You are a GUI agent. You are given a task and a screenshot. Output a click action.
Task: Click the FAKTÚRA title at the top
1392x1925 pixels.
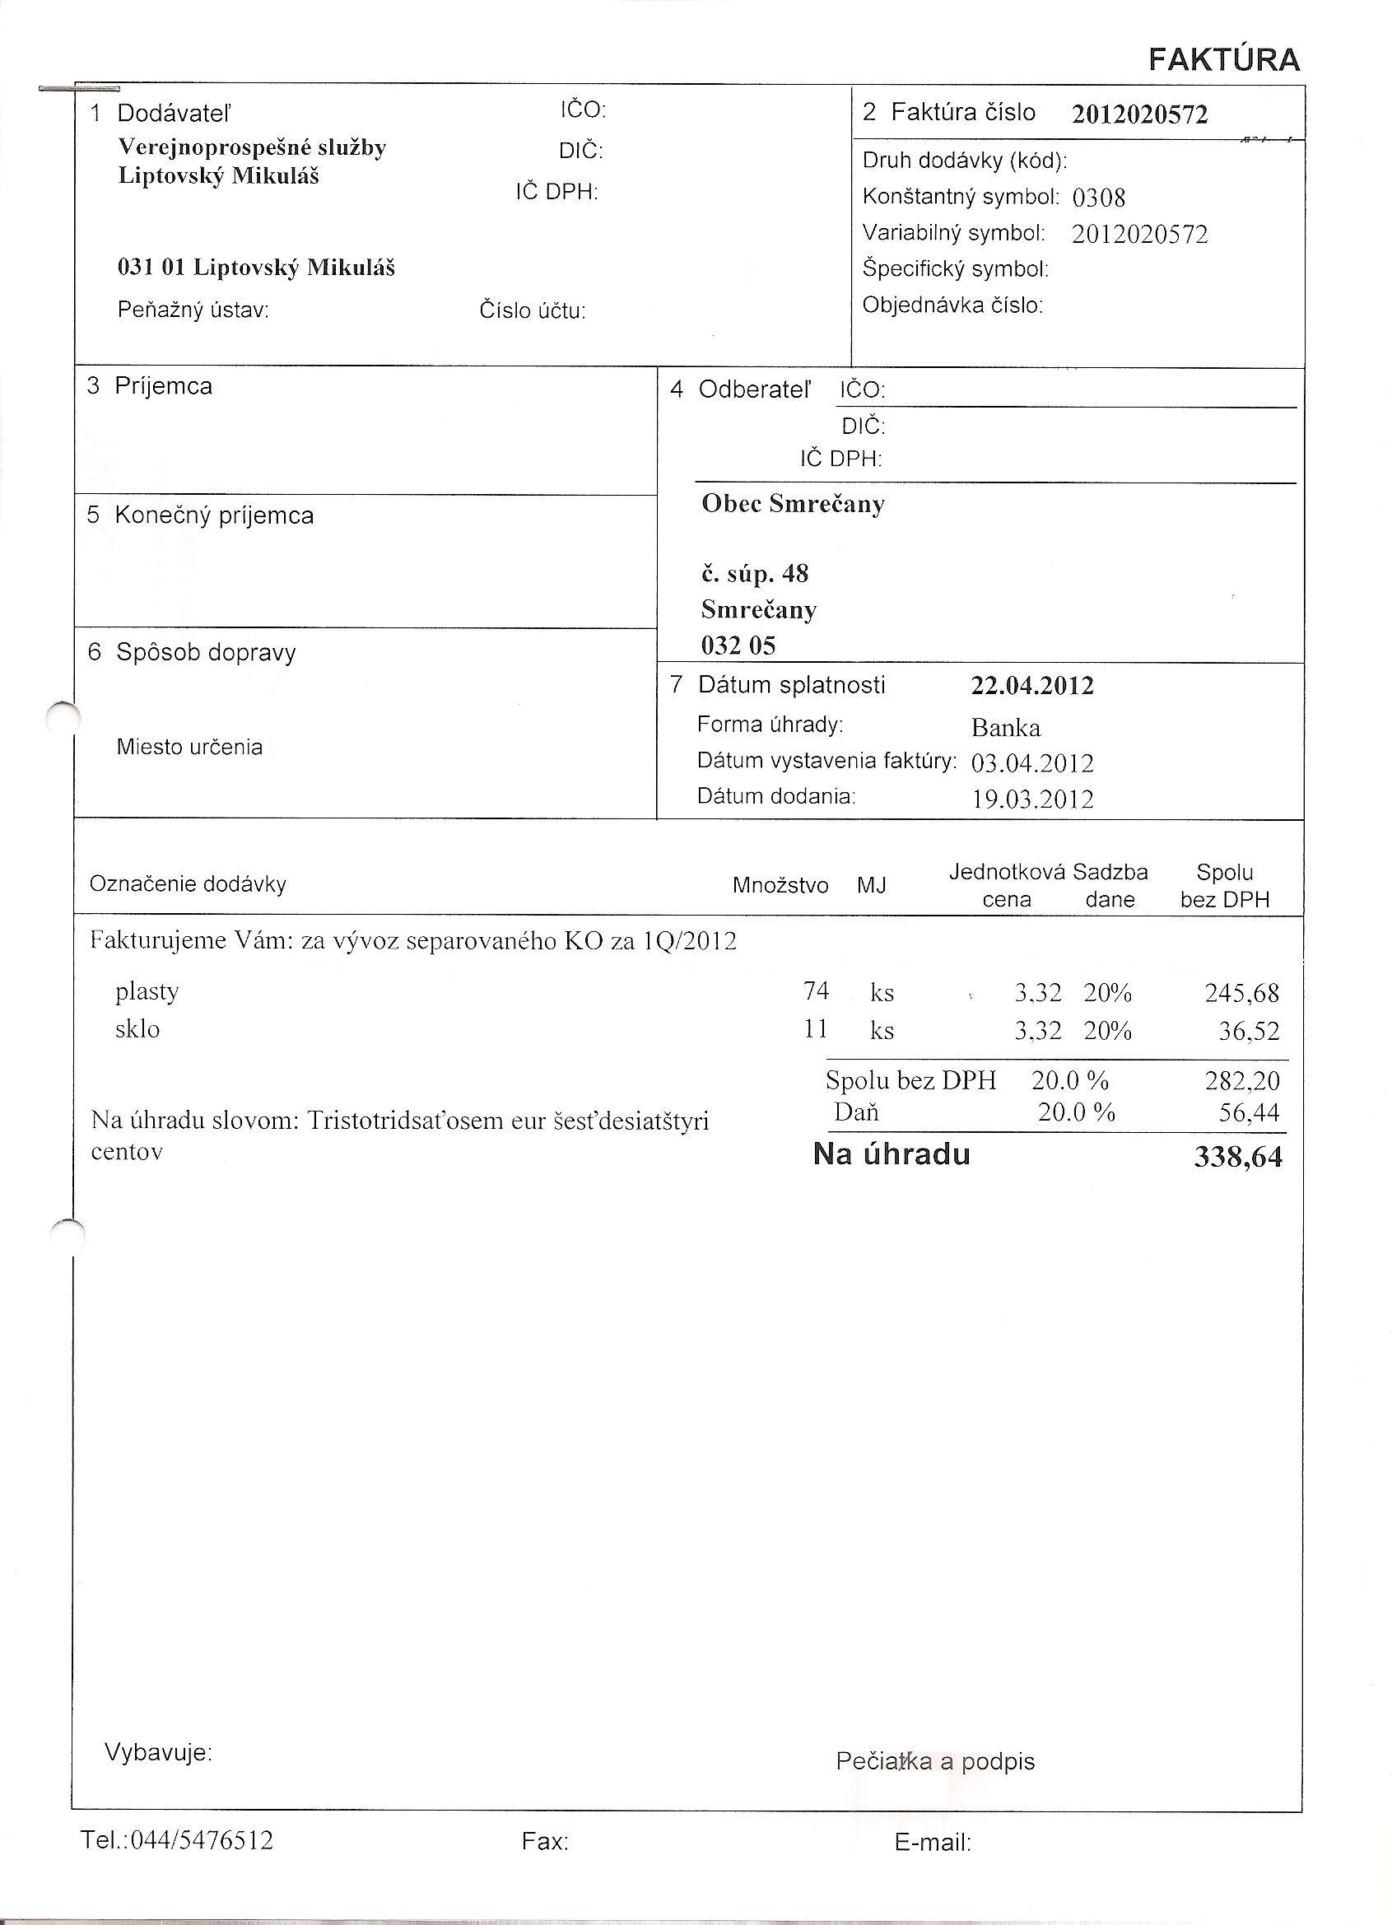pyautogui.click(x=1224, y=60)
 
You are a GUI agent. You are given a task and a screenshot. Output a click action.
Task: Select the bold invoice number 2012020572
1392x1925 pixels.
pyautogui.click(x=1139, y=114)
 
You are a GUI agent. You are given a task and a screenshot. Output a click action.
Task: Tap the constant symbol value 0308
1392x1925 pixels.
pyautogui.click(x=1098, y=198)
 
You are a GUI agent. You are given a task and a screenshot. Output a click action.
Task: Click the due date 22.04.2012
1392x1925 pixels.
pyautogui.click(x=1032, y=686)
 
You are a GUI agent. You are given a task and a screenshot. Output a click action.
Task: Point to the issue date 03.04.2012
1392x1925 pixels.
pyautogui.click(x=1032, y=764)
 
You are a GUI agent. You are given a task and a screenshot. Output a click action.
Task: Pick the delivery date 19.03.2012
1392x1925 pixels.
pyautogui.click(x=1032, y=799)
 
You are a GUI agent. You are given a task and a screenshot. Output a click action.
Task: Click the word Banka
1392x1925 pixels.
pyautogui.click(x=1006, y=728)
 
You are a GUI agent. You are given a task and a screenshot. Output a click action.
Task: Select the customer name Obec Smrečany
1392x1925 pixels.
pyautogui.click(x=793, y=504)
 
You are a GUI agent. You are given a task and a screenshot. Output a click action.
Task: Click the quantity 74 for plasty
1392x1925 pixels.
pyautogui.click(x=816, y=990)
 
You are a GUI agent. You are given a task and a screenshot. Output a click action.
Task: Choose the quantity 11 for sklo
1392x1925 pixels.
pyautogui.click(x=816, y=1028)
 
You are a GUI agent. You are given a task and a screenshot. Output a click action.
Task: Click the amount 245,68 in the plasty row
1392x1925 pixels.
pyautogui.click(x=1241, y=993)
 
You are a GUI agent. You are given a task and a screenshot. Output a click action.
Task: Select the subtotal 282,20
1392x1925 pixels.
pyautogui.click(x=1241, y=1081)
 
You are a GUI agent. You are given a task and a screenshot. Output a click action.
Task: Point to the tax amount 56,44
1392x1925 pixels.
pyautogui.click(x=1248, y=1112)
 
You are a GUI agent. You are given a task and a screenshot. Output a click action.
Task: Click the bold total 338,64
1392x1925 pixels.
pyautogui.click(x=1237, y=1157)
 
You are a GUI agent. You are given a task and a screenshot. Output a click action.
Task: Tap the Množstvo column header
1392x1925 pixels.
pyautogui.click(x=780, y=886)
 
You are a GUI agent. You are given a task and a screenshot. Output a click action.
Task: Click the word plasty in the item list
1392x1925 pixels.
pyautogui.click(x=147, y=991)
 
